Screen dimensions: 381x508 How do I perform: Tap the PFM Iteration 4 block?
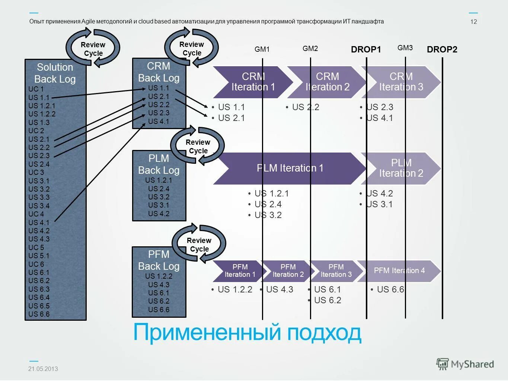[399, 270]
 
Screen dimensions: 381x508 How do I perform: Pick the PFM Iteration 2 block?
[288, 270]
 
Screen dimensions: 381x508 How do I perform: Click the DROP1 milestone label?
[366, 49]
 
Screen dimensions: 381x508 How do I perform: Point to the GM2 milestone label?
[310, 48]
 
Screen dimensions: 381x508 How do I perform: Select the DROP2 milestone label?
[442, 49]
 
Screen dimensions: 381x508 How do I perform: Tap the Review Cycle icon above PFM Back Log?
[199, 244]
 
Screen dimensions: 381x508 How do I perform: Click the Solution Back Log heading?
[55, 73]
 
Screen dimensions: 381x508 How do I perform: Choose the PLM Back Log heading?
[159, 164]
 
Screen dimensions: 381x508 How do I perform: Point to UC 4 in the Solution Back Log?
[36, 214]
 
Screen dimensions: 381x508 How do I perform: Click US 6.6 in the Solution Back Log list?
[39, 314]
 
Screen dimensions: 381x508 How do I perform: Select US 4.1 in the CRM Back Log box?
[159, 121]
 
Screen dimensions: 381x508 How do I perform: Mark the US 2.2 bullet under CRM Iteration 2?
[305, 107]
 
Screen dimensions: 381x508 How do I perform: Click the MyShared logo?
[465, 364]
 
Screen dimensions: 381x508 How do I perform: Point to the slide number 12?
[473, 22]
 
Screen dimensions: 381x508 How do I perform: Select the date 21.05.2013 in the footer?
[43, 369]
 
